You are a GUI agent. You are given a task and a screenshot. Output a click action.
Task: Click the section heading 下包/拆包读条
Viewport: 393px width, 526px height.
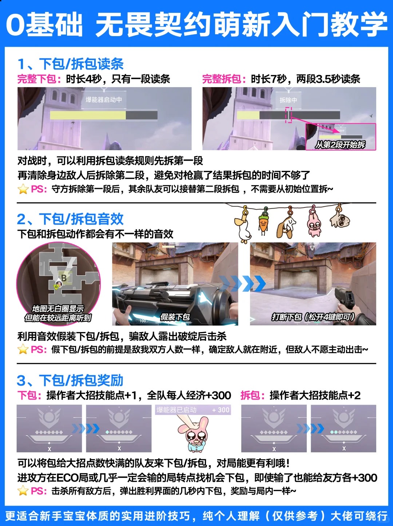pyautogui.click(x=81, y=64)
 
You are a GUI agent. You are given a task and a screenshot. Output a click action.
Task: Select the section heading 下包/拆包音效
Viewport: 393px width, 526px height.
pyautogui.click(x=81, y=219)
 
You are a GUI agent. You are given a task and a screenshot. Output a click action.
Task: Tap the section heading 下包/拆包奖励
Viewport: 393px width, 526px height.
pyautogui.click(x=81, y=380)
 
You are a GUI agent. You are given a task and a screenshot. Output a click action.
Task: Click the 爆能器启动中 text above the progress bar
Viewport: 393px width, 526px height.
pyautogui.click(x=104, y=100)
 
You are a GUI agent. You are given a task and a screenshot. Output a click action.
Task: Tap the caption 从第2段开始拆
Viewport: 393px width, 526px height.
pyautogui.click(x=340, y=144)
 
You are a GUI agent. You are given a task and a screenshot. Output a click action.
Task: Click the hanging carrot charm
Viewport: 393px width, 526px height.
pyautogui.click(x=263, y=221)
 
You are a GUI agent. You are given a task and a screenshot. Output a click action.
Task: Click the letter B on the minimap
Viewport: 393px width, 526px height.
pyautogui.click(x=64, y=278)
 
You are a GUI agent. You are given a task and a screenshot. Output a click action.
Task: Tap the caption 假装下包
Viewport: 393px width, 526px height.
pyautogui.click(x=175, y=317)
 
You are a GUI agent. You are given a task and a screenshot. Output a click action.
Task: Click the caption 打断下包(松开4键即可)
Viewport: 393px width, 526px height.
pyautogui.click(x=313, y=317)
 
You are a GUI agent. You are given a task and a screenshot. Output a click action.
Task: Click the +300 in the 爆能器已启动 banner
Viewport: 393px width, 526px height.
pyautogui.click(x=221, y=410)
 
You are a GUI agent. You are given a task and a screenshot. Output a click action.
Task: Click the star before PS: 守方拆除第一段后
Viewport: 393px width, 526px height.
pyautogui.click(x=23, y=189)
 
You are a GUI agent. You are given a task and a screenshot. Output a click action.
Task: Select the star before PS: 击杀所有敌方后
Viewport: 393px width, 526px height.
pyautogui.click(x=23, y=491)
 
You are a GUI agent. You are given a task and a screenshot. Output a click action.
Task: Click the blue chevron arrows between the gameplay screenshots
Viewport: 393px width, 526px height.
pyautogui.click(x=242, y=283)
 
